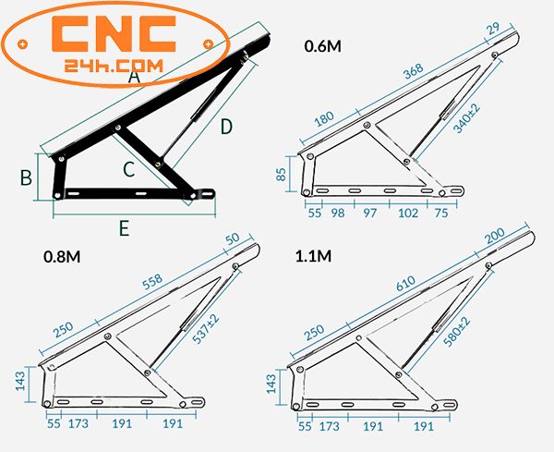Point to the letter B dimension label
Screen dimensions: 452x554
(x=27, y=177)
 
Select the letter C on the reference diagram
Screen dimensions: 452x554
(x=129, y=169)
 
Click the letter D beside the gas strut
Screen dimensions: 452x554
(x=227, y=128)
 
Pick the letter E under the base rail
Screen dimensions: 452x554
(x=124, y=226)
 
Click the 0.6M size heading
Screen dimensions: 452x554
(x=322, y=45)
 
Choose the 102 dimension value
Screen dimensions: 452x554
(x=408, y=214)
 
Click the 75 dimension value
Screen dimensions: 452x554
(x=441, y=214)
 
